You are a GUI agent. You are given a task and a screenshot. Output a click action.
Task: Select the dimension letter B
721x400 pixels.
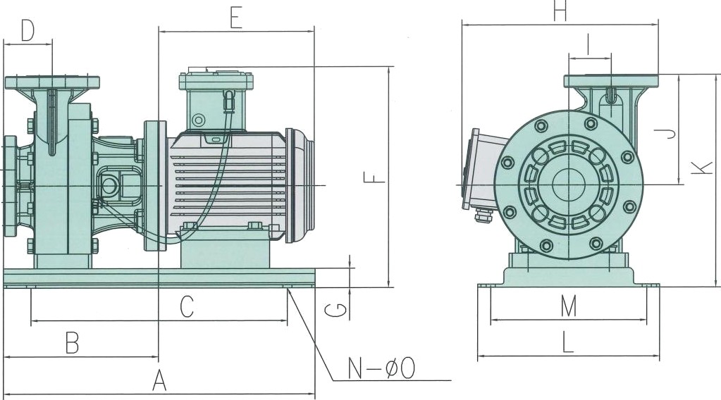[72, 343]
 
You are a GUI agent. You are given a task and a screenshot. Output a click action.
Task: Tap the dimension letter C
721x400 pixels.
[186, 307]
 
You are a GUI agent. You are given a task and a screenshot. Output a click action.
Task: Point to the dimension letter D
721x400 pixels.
[27, 31]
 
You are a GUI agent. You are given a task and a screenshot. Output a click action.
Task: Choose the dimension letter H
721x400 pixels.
[560, 12]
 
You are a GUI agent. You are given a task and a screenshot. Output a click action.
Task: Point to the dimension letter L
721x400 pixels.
[569, 343]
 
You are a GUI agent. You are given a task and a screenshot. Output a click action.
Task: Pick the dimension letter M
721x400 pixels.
[569, 306]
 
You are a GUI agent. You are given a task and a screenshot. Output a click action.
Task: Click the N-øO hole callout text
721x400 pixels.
[381, 368]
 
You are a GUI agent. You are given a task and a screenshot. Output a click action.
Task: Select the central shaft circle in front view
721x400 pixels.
[568, 185]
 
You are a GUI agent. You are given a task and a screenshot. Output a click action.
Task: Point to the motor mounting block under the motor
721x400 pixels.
[226, 250]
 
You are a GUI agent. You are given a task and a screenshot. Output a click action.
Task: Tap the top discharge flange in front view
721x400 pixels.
[611, 81]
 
